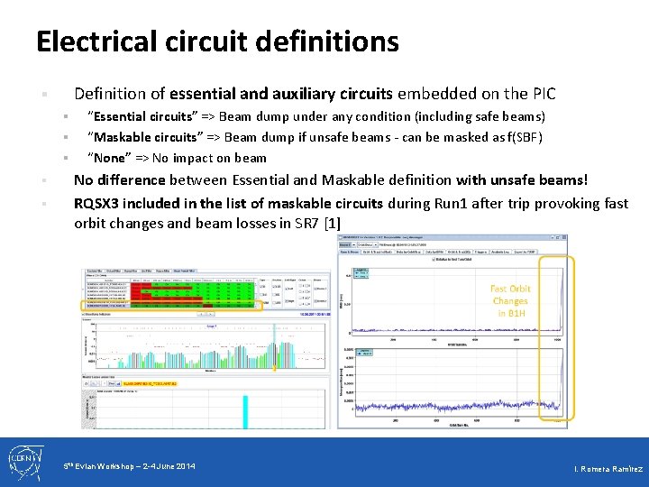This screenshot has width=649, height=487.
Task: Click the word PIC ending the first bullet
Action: pos(544,94)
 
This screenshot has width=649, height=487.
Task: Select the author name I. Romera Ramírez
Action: pos(608,470)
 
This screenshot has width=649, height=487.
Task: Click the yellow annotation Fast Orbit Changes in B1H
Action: pos(509,301)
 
